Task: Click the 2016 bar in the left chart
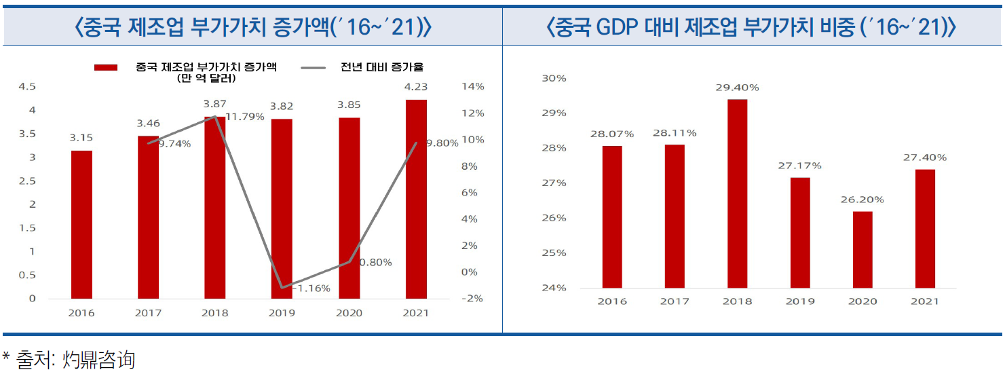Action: (81, 224)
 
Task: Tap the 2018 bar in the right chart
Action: (737, 193)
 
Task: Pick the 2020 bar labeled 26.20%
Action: (862, 249)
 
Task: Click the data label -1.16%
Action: (312, 288)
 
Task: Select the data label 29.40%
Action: (737, 88)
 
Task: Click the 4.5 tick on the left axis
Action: (27, 87)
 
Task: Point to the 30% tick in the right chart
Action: (555, 79)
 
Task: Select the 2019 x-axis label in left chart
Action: (282, 313)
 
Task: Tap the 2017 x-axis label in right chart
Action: (675, 301)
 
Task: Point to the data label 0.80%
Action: (376, 263)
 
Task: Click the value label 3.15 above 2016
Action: (81, 137)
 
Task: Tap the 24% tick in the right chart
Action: (555, 288)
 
